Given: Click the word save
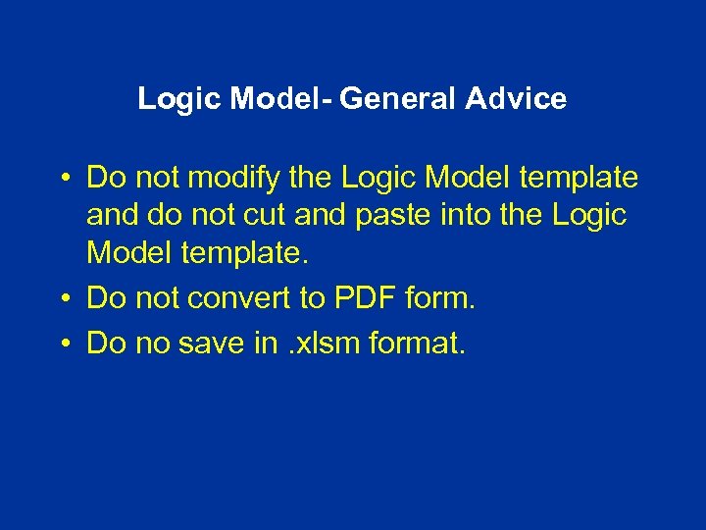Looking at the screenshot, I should point(212,343).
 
